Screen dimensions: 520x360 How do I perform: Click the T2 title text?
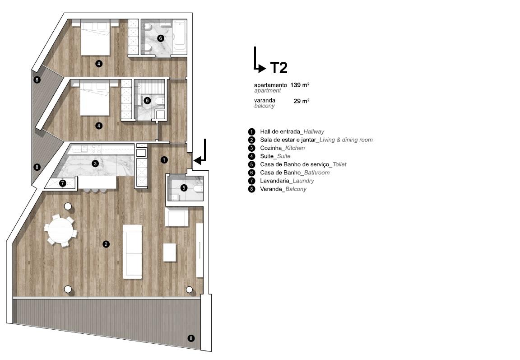(x=279, y=68)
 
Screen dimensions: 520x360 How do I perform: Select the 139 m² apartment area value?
(x=300, y=85)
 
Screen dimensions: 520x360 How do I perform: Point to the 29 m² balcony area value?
(x=302, y=101)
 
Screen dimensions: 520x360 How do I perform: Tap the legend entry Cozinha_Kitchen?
(x=282, y=148)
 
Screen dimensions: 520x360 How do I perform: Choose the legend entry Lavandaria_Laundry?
(x=287, y=181)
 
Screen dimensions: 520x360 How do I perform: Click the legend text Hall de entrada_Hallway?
(x=292, y=132)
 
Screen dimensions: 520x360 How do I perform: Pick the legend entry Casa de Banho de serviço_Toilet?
(x=303, y=164)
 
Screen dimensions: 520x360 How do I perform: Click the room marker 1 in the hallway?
(x=164, y=160)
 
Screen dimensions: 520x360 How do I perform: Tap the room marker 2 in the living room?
(x=106, y=244)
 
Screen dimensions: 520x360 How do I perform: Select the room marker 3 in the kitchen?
(x=95, y=163)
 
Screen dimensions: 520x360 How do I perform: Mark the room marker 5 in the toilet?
(x=184, y=188)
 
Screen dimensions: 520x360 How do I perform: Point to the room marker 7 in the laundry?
(x=63, y=183)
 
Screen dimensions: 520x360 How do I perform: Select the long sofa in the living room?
(x=132, y=252)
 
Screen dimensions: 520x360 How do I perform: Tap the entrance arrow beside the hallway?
(x=200, y=156)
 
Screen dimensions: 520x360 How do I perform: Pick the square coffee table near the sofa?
(x=169, y=252)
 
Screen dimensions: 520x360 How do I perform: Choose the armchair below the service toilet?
(x=177, y=217)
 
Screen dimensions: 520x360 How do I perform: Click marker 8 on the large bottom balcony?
(x=190, y=338)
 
